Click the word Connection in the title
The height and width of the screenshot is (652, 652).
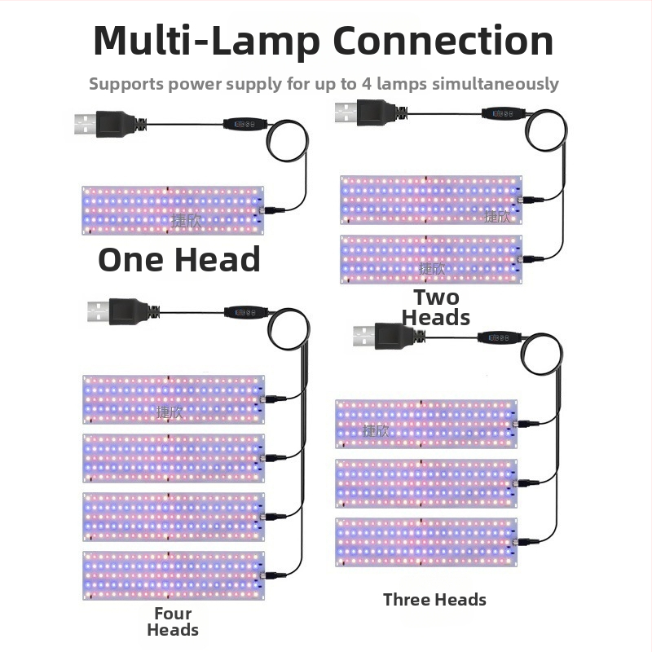pyautogui.click(x=441, y=41)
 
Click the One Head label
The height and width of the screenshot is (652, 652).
pyautogui.click(x=179, y=259)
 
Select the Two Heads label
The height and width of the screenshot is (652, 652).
pyautogui.click(x=436, y=307)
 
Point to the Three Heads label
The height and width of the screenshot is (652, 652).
pyautogui.click(x=434, y=600)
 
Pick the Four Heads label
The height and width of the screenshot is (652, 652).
pyautogui.click(x=173, y=621)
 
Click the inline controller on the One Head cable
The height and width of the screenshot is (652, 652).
pyautogui.click(x=245, y=125)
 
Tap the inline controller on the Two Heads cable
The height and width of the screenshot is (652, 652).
pyautogui.click(x=502, y=113)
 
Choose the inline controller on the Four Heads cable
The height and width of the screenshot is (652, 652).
pyautogui.click(x=246, y=311)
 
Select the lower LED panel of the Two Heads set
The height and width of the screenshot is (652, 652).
pyautogui.click(x=430, y=259)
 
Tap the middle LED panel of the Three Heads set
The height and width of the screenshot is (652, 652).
pyautogui.click(x=426, y=483)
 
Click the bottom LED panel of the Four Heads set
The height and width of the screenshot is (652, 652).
pyautogui.click(x=173, y=575)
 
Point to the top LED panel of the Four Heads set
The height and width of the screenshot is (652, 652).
pyautogui.click(x=173, y=399)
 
